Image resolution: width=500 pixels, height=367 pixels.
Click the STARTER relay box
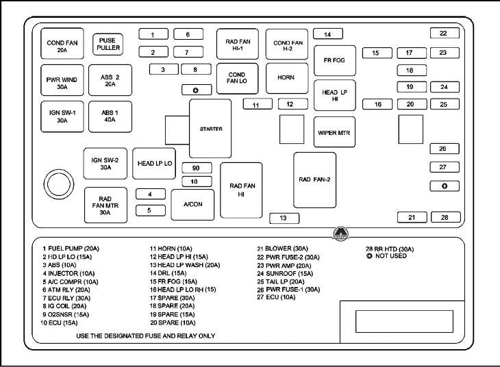[x=211, y=129]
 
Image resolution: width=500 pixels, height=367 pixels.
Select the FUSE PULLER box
[x=108, y=45]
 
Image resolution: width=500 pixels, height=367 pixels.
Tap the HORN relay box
[x=286, y=78]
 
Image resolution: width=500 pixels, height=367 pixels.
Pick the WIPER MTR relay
[x=334, y=133]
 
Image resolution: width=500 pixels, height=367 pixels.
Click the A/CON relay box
[x=192, y=205]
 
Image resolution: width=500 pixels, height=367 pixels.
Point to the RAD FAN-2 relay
[x=314, y=179]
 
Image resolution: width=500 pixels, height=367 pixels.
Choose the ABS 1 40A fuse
[x=110, y=116]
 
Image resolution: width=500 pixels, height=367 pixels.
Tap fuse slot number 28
[x=444, y=217]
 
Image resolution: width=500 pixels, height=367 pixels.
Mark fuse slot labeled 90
[x=196, y=168]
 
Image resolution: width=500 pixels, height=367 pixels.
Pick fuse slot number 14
[x=328, y=34]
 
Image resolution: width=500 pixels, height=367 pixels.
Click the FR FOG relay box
[x=334, y=60]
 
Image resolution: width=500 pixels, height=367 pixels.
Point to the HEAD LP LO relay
[x=155, y=164]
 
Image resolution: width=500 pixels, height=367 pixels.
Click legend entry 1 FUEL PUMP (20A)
[x=71, y=249]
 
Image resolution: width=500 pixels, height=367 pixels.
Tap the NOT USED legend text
[x=390, y=256]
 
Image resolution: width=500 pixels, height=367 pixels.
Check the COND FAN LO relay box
[x=237, y=79]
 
